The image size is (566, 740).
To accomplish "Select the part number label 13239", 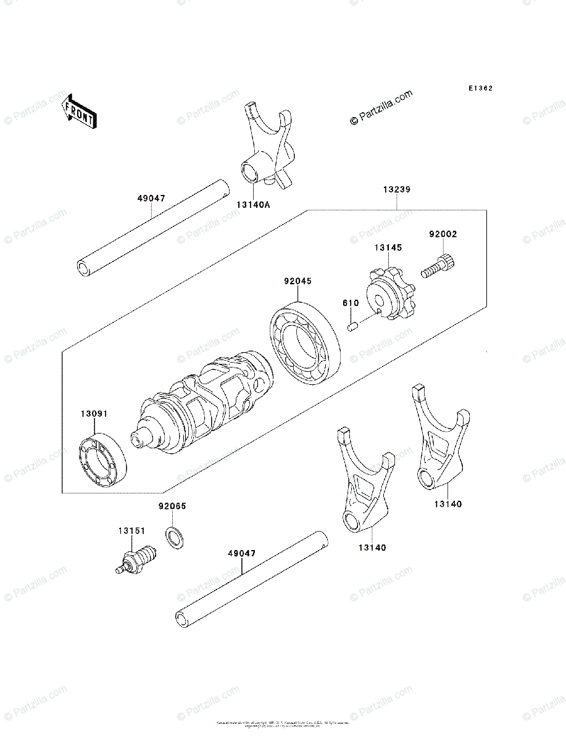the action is click(395, 190).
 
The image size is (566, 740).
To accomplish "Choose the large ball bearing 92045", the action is click(305, 342).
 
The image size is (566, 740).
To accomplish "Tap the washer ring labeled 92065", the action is click(173, 537).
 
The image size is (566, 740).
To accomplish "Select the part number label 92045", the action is click(298, 281).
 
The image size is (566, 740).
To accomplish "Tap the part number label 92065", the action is click(172, 506).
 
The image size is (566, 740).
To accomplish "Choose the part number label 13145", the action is click(387, 247).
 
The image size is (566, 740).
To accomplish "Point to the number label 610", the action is click(351, 303).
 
